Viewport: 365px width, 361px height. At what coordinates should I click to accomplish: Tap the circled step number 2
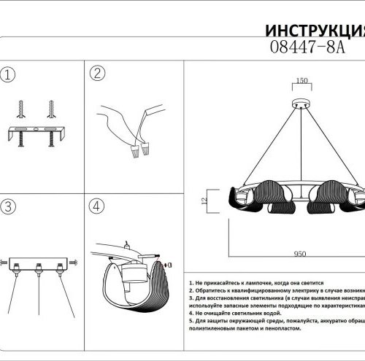pos(99,74)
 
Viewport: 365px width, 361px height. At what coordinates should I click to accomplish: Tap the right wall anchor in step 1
pos(53,108)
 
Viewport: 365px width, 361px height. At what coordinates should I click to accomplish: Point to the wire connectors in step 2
pos(137,152)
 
